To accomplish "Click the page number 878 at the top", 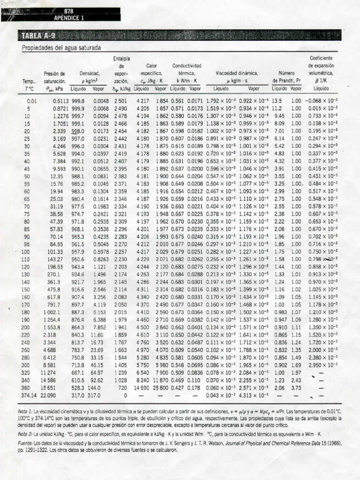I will point(69,11).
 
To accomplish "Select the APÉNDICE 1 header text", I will point(69,18).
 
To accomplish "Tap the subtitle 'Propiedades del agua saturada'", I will point(61,48).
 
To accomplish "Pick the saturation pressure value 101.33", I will point(54,252).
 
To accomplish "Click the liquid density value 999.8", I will point(78,100).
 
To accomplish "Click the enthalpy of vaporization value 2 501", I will point(120,100).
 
